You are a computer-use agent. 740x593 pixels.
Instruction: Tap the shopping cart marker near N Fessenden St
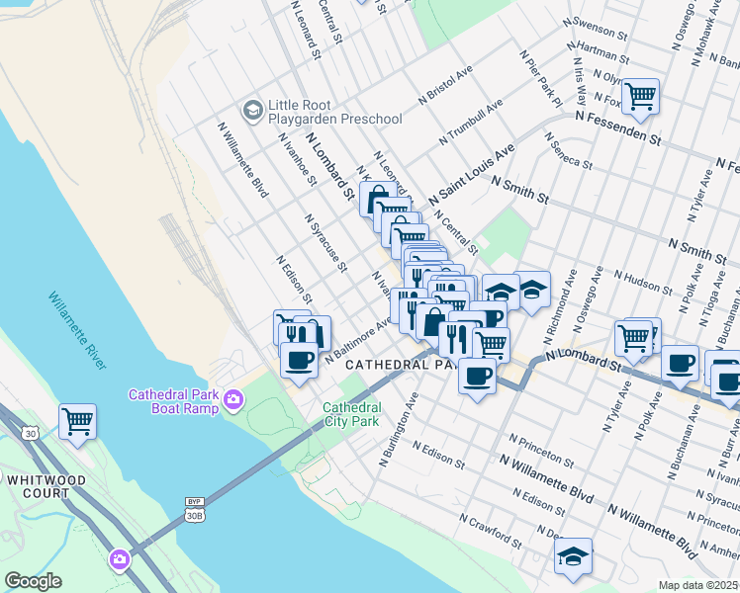click(x=641, y=96)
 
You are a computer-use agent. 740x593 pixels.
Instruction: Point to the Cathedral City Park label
click(x=351, y=414)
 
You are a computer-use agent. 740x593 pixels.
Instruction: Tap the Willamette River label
click(x=77, y=331)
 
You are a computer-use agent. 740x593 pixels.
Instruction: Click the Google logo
click(x=33, y=580)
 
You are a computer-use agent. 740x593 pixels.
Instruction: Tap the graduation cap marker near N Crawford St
click(x=573, y=555)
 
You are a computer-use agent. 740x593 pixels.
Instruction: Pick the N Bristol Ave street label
click(x=445, y=86)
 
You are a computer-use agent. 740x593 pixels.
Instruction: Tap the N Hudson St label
click(x=644, y=281)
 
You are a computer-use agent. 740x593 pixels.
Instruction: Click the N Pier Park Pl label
click(x=539, y=76)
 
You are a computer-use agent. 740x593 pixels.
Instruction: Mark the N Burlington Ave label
click(x=400, y=430)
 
